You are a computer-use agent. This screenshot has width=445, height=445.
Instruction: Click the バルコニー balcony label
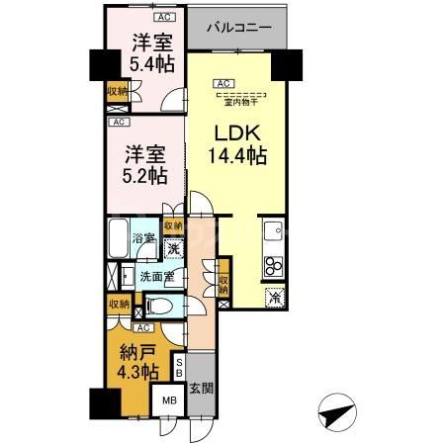(238, 29)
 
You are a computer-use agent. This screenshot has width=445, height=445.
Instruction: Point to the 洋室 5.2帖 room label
(144, 164)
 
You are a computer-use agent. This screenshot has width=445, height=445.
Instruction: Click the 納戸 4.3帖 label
(136, 362)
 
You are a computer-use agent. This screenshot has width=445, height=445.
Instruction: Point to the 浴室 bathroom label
(143, 238)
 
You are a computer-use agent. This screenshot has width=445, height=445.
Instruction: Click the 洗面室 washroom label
(155, 276)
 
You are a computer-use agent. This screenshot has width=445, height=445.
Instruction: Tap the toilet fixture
(167, 307)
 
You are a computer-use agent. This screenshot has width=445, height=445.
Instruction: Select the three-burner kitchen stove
(273, 265)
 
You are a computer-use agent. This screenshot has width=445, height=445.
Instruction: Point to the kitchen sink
(272, 232)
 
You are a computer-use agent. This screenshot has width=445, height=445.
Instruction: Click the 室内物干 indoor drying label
(240, 101)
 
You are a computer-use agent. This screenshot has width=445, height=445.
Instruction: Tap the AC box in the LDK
(223, 83)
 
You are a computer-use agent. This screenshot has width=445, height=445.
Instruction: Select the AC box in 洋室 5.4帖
(161, 18)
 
